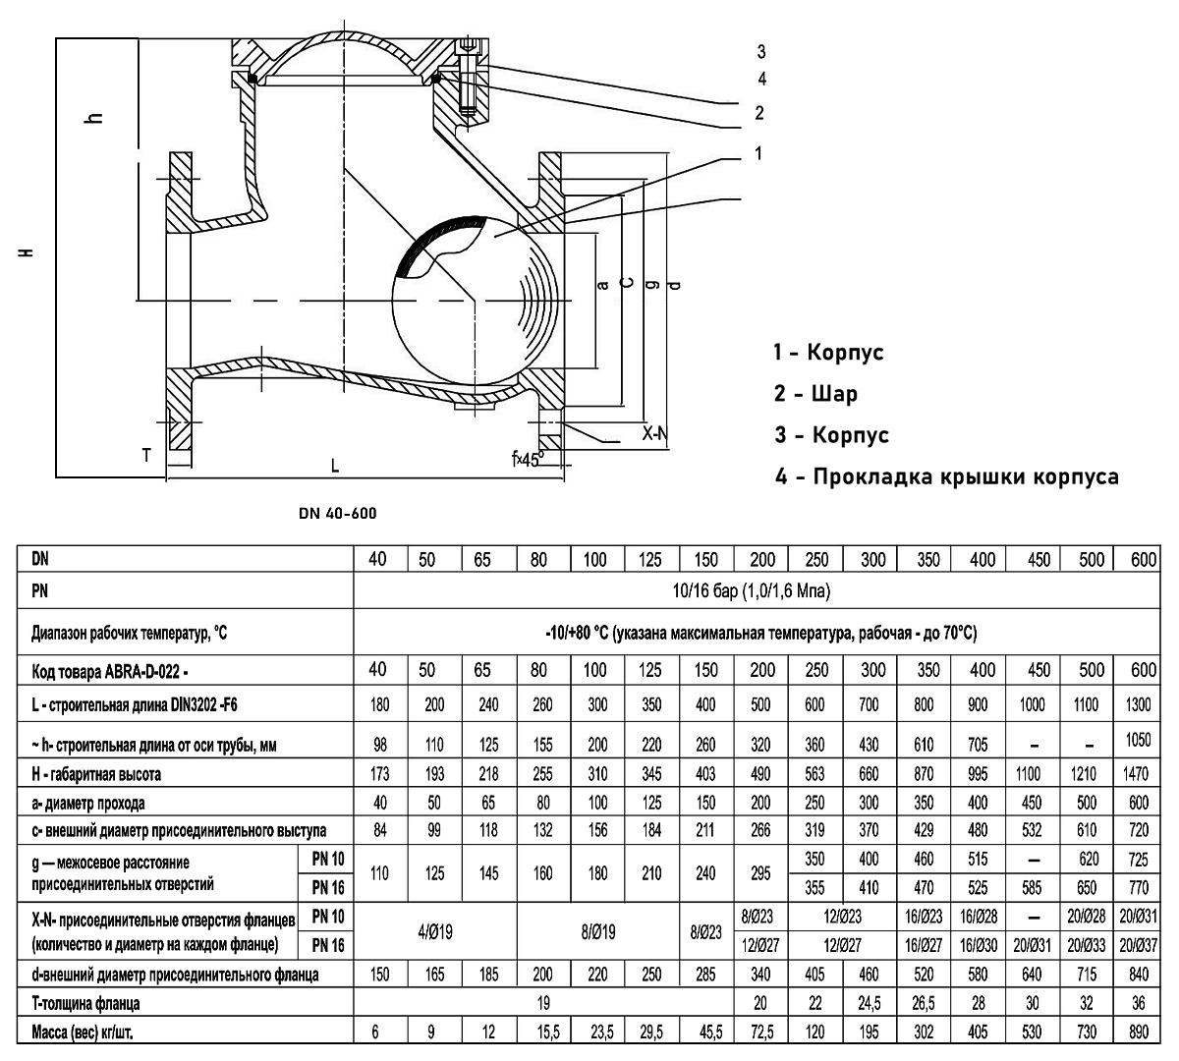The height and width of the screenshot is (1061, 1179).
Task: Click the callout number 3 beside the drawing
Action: pyautogui.click(x=761, y=52)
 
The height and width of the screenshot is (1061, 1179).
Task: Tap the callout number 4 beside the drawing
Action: pyautogui.click(x=761, y=79)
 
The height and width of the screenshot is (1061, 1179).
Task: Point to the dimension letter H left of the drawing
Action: pyautogui.click(x=26, y=252)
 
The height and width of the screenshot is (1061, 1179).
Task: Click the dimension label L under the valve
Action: pyautogui.click(x=334, y=466)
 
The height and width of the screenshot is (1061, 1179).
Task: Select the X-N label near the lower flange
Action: pyautogui.click(x=654, y=433)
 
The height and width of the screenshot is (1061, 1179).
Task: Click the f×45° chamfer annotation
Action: pyautogui.click(x=528, y=459)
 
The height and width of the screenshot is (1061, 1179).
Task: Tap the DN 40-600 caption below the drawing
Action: pyautogui.click(x=337, y=513)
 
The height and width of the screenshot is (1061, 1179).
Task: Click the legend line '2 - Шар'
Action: pyautogui.click(x=815, y=393)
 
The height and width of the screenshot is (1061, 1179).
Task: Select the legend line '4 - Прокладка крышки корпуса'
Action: pyautogui.click(x=946, y=476)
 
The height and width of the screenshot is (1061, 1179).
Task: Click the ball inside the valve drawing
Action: pyautogui.click(x=475, y=301)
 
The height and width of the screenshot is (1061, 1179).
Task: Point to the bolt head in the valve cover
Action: pyautogui.click(x=468, y=46)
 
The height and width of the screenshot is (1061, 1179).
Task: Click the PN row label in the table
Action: pyautogui.click(x=40, y=590)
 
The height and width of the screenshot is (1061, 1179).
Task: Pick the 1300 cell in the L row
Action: pyautogui.click(x=1138, y=703)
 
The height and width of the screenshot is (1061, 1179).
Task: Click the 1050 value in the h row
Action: pyautogui.click(x=1138, y=739)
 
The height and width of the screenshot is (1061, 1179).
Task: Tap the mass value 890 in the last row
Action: pyautogui.click(x=1139, y=1033)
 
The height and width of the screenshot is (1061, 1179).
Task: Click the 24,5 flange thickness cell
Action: pyautogui.click(x=870, y=1003)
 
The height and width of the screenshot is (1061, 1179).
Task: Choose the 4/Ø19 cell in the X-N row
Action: pyautogui.click(x=434, y=931)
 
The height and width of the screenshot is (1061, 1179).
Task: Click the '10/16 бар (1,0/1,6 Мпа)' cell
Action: pyautogui.click(x=752, y=590)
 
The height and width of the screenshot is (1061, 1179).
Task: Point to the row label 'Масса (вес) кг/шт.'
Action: pyautogui.click(x=83, y=1033)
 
